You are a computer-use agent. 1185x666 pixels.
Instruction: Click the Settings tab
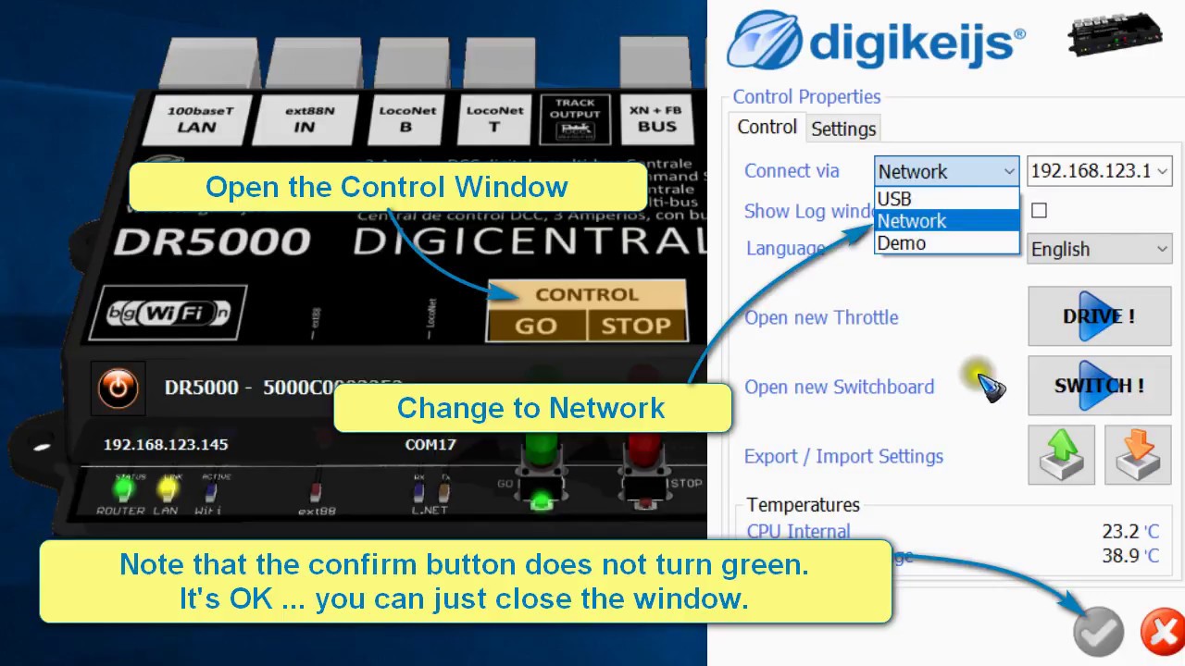point(843,129)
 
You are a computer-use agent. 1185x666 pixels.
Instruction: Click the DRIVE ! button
point(1099,316)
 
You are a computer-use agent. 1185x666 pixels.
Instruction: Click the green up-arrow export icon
point(1061,455)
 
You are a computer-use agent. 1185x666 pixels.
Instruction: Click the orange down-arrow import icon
point(1138,455)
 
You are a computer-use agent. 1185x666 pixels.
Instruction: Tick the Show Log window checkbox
point(1039,211)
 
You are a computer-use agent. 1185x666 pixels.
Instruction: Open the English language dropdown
point(1100,249)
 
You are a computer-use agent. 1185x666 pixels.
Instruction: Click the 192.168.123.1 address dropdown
point(1099,171)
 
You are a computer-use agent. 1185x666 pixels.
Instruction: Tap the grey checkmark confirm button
point(1098,633)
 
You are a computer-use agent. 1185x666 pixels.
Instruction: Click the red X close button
point(1161,633)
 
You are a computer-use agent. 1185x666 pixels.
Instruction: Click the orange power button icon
point(118,388)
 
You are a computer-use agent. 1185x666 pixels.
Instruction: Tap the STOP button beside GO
point(635,326)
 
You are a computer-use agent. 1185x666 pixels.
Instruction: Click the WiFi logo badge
point(172,313)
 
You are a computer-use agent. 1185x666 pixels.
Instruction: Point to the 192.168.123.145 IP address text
point(166,445)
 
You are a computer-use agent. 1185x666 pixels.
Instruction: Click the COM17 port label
point(430,445)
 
